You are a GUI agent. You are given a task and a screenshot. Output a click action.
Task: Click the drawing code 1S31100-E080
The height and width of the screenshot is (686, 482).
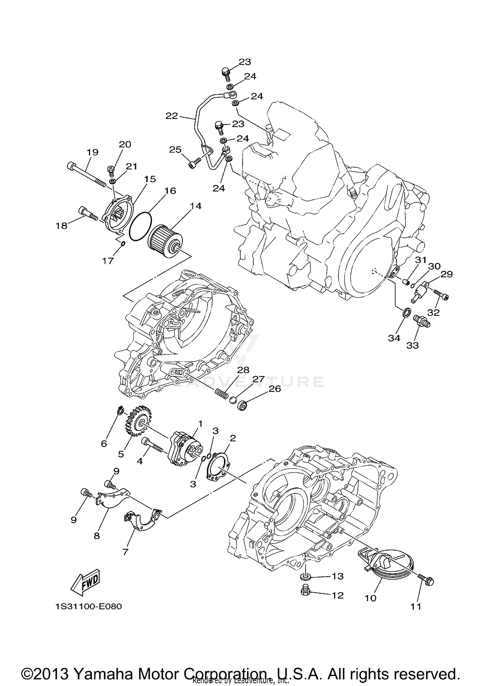click(x=88, y=607)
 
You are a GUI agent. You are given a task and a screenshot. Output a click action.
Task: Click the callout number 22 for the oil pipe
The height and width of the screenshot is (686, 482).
click(x=172, y=116)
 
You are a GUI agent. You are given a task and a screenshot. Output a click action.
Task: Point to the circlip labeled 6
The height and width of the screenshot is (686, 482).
click(x=120, y=410)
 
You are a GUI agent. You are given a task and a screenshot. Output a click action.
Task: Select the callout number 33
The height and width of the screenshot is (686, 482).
click(x=413, y=345)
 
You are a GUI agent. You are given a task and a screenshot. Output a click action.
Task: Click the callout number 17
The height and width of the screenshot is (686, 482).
click(x=108, y=261)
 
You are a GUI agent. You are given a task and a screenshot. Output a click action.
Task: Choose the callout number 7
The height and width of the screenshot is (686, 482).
click(x=125, y=552)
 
